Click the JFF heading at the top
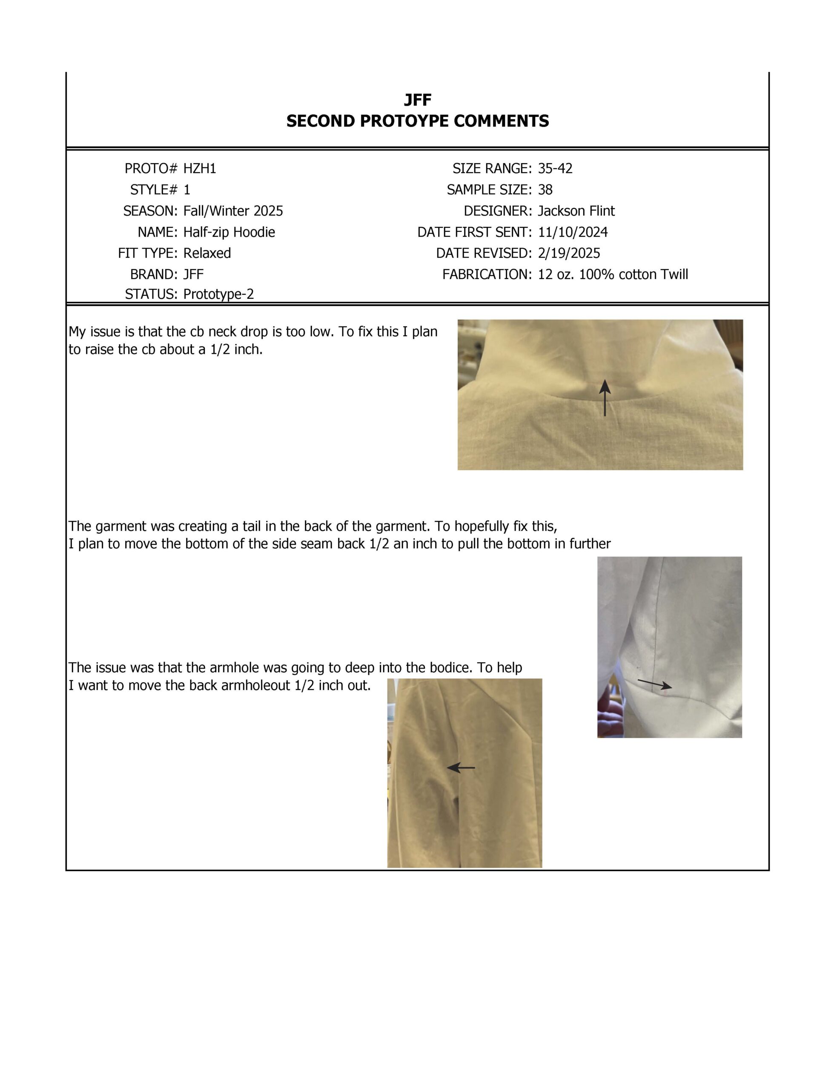coord(417,100)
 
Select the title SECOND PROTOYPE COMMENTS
coord(417,121)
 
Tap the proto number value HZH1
coord(200,169)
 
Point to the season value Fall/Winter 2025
coord(232,211)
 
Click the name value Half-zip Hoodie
coord(229,232)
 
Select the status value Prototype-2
coord(218,294)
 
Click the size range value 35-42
coord(555,169)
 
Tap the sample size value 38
coord(545,190)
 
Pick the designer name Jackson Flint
coord(576,211)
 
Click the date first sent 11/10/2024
coord(573,232)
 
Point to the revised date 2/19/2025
coord(568,253)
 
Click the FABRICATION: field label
coord(487,275)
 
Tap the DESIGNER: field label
coord(498,211)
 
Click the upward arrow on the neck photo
coord(605,398)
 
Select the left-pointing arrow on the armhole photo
coord(460,767)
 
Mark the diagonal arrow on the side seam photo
coord(654,684)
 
